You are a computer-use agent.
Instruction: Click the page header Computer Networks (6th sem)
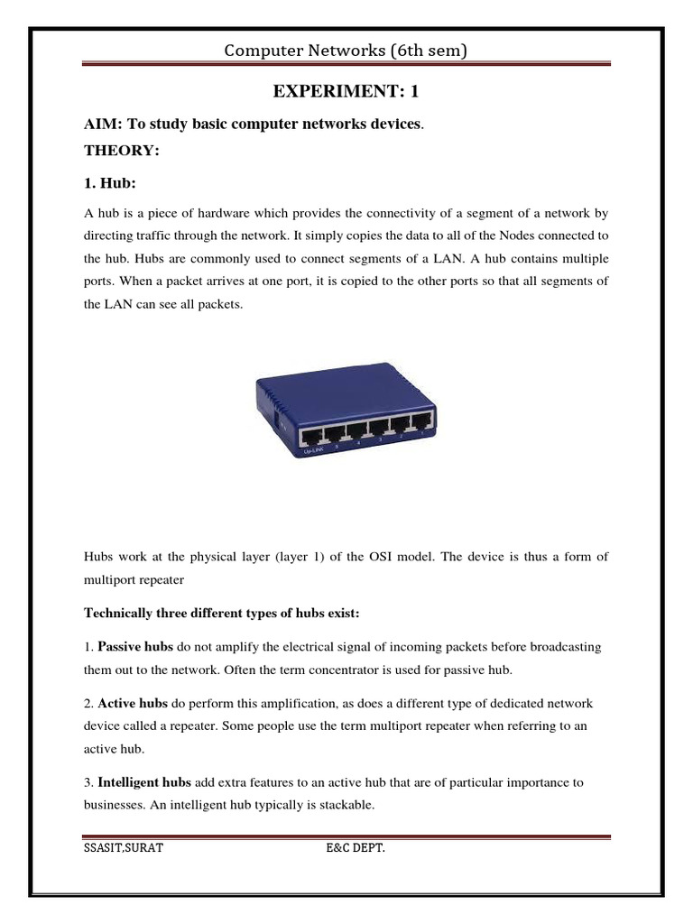346,51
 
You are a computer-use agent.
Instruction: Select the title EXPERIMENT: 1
346,92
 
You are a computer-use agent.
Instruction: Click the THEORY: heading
121,151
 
